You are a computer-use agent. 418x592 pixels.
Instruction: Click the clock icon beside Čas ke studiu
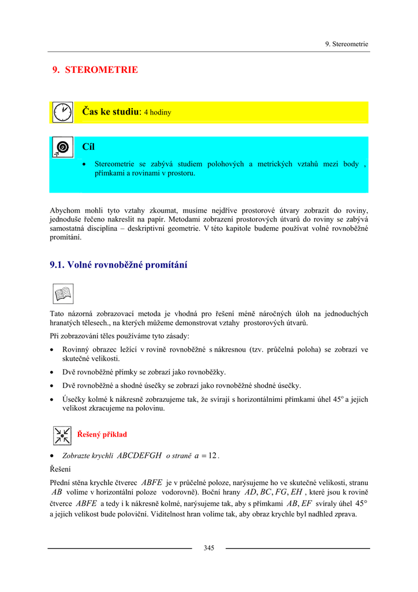pos(62,112)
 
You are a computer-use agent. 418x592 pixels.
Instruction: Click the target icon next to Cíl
pos(62,147)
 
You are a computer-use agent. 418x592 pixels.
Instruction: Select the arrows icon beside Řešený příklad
pos(62,435)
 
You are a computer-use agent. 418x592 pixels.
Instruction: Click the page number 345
pos(208,548)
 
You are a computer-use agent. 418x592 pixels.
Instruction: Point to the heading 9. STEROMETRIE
pos(95,70)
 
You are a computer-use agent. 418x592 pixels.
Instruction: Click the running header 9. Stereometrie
pos(346,44)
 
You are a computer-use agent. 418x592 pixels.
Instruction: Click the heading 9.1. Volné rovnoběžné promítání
pos(118,265)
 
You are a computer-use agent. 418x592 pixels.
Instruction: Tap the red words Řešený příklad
pos(102,435)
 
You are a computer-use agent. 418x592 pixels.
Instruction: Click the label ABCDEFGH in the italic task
pos(139,456)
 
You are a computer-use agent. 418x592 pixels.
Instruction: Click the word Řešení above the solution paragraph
pos(60,469)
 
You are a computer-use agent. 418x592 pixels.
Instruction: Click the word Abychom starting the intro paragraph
pos(66,211)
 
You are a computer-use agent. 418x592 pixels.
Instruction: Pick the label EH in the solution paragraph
pos(297,493)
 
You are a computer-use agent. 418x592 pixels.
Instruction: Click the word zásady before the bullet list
pos(178,336)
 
